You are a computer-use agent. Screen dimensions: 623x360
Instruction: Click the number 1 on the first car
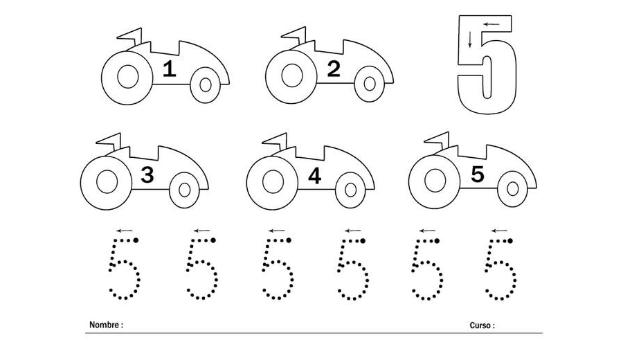click(x=170, y=69)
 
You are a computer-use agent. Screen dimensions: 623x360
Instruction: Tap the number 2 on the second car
click(x=334, y=69)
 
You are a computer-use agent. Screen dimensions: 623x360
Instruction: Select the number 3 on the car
click(x=147, y=175)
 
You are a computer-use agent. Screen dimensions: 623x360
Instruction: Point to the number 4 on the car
click(x=314, y=176)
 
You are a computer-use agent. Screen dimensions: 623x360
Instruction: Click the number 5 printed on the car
click(x=477, y=174)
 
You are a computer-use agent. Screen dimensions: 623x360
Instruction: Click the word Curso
click(x=480, y=325)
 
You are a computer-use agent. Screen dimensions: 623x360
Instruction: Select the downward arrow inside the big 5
click(x=470, y=39)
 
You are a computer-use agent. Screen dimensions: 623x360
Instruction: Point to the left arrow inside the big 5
click(x=491, y=24)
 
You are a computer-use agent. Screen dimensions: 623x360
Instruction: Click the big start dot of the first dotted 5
click(x=136, y=240)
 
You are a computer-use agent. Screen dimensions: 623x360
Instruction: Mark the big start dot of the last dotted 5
click(x=510, y=240)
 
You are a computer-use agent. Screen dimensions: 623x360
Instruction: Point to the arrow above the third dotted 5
click(x=276, y=231)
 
